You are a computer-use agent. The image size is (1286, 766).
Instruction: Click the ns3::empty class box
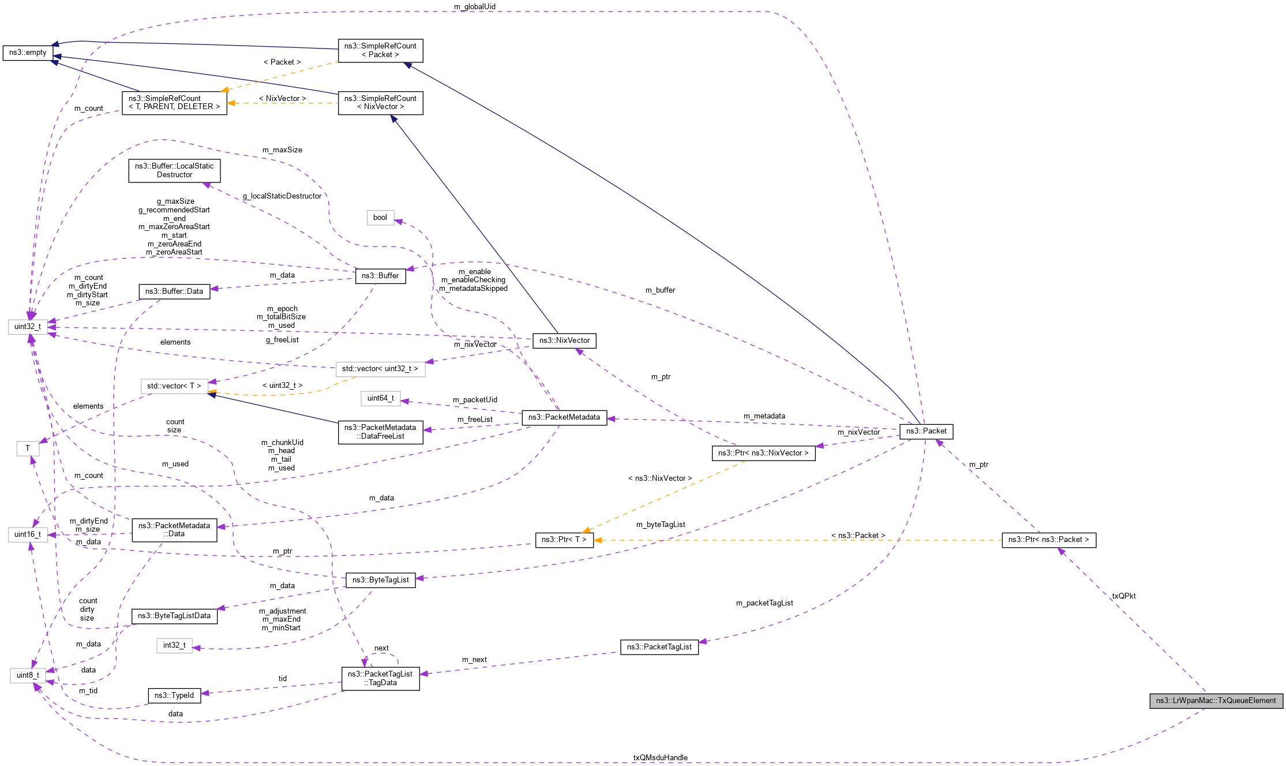pos(28,53)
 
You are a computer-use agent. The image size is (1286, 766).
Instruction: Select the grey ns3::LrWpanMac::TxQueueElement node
pos(1216,701)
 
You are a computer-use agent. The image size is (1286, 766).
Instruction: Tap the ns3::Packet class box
pos(926,431)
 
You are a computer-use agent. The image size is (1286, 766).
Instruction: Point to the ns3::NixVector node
pos(564,341)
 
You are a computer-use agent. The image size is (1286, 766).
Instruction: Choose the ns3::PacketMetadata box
pos(564,417)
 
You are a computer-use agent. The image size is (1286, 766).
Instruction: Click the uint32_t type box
pos(28,327)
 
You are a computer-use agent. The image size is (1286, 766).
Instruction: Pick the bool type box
pos(380,218)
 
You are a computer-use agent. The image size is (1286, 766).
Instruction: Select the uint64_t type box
pos(381,398)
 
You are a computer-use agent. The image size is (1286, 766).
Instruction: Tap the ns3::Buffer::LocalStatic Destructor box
pos(174,170)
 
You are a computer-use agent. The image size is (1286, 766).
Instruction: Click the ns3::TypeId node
pos(174,696)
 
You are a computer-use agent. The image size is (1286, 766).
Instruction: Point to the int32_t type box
pos(174,645)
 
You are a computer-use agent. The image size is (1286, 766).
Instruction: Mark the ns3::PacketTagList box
pos(659,647)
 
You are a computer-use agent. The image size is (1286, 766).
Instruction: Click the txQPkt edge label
pos(1124,596)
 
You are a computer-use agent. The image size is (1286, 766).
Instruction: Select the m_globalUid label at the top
pos(474,7)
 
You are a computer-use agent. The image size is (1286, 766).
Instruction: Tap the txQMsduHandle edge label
pos(660,758)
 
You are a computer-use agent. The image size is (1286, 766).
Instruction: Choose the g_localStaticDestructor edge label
pos(282,196)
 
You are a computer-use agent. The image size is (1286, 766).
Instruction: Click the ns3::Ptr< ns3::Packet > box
pos(1048,540)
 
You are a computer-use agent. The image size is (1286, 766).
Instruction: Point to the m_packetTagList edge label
pos(764,603)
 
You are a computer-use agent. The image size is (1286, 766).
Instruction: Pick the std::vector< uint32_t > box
pos(380,369)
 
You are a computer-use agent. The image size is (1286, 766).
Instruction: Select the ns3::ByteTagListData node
pos(174,616)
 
